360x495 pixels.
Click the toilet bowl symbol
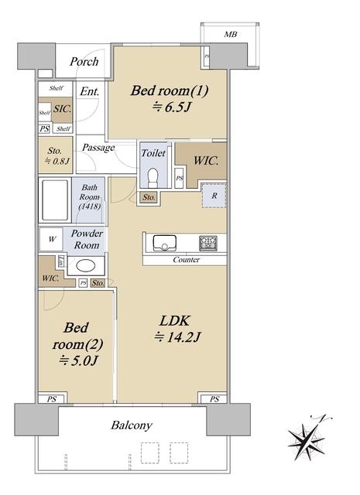coord(153,178)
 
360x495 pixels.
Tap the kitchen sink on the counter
coord(164,243)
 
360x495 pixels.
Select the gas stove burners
coord(208,243)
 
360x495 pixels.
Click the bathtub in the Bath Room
coord(55,200)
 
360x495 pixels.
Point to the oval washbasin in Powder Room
coord(86,266)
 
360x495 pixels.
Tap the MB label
coord(231,34)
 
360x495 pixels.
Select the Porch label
coord(84,62)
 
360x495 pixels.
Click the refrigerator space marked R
coord(214,196)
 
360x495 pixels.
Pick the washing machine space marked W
coord(52,239)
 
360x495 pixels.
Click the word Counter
coord(186,260)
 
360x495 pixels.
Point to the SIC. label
coord(62,109)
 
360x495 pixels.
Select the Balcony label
coord(132,425)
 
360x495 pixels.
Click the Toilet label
coord(153,153)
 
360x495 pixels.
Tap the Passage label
coord(98,148)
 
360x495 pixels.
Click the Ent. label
coord(90,91)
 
